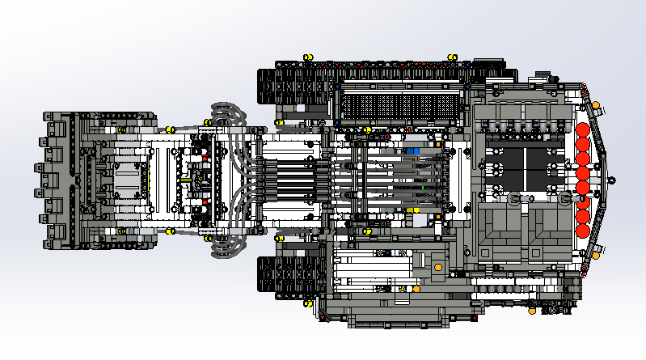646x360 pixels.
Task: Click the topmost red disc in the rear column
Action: point(582,129)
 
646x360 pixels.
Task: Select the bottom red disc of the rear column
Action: point(582,229)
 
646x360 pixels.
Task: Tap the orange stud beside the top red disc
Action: point(596,105)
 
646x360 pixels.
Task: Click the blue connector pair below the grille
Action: point(413,150)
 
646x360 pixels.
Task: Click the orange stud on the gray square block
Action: point(437,266)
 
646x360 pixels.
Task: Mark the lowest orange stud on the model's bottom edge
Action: point(532,310)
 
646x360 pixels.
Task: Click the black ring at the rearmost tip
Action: point(612,179)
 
